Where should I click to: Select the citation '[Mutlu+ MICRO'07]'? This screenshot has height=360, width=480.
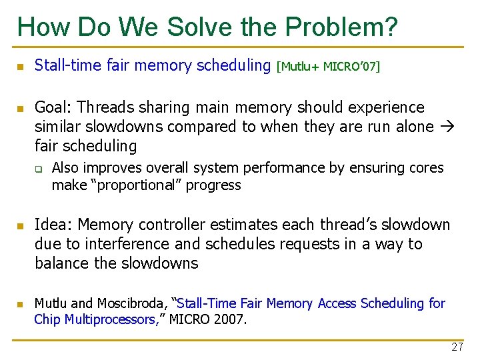pyautogui.click(x=327, y=66)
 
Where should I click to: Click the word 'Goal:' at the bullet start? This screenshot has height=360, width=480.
pyautogui.click(x=55, y=107)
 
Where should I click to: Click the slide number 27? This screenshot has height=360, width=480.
pyautogui.click(x=457, y=347)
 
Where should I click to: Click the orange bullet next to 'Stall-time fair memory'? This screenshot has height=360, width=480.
pyautogui.click(x=20, y=67)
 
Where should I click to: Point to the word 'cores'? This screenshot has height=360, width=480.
pyautogui.click(x=425, y=168)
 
